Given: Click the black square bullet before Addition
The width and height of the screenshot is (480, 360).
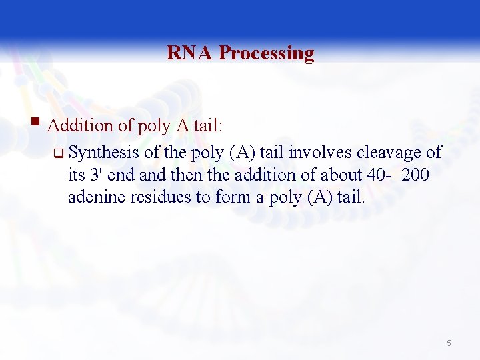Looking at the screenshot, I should (x=38, y=123).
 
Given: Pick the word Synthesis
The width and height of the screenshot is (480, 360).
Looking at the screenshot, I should (x=103, y=153).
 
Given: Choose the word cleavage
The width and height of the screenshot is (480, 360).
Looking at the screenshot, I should (x=391, y=153).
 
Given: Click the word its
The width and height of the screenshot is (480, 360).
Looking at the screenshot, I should (x=76, y=175).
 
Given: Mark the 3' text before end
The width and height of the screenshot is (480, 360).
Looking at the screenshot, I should (x=97, y=175).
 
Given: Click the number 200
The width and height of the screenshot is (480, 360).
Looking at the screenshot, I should (x=415, y=175).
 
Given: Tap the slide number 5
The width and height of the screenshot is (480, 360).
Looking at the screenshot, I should (x=449, y=343).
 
